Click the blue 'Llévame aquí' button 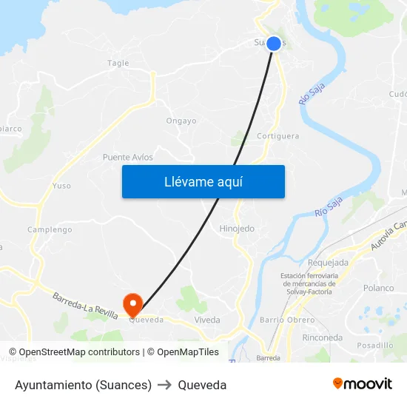pyautogui.click(x=203, y=181)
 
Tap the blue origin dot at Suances pyautogui.click(x=274, y=44)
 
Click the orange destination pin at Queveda pyautogui.click(x=133, y=303)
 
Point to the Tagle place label pyautogui.click(x=118, y=64)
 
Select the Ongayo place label pyautogui.click(x=181, y=121)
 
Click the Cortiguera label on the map pyautogui.click(x=277, y=136)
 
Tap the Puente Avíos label pyautogui.click(x=128, y=157)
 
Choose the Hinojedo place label pyautogui.click(x=237, y=229)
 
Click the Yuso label pyautogui.click(x=61, y=186)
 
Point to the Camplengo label pyautogui.click(x=50, y=229)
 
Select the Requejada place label pyautogui.click(x=328, y=263)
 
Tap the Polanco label pyautogui.click(x=379, y=288)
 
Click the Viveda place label pyautogui.click(x=207, y=320)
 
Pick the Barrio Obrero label pyautogui.click(x=288, y=320)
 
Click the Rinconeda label pyautogui.click(x=323, y=337)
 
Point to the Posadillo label pyautogui.click(x=374, y=345)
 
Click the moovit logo pyautogui.click(x=363, y=384)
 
